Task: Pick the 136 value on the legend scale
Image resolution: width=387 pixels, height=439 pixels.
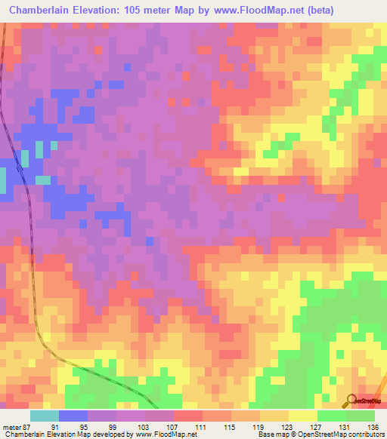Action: pyautogui.click(x=373, y=427)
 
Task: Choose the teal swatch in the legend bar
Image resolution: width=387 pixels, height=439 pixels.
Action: pyautogui.click(x=44, y=416)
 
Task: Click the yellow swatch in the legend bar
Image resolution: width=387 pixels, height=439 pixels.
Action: pyautogui.click(x=302, y=416)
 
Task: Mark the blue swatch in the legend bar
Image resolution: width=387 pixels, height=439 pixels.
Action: pyautogui.click(x=73, y=416)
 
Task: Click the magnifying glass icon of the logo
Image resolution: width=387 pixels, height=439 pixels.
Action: pyautogui.click(x=350, y=400)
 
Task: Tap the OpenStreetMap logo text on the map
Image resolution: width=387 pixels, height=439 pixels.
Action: pyautogui.click(x=370, y=401)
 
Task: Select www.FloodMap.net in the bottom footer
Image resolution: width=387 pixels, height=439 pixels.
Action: pyautogui.click(x=159, y=435)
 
